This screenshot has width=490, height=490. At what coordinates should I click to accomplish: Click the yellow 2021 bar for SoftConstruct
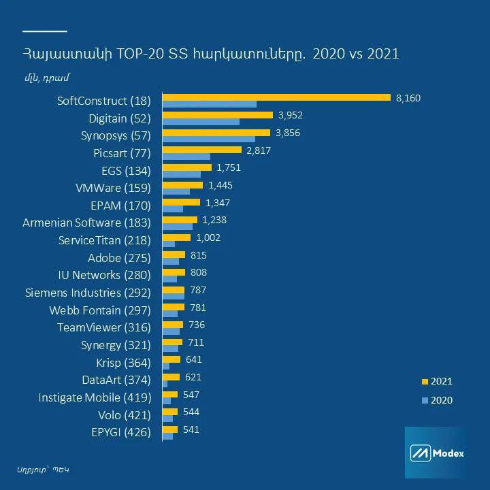(276, 97)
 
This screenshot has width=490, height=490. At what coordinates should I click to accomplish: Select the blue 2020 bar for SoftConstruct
(210, 104)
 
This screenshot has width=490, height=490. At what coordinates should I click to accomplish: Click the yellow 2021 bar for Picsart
(202, 150)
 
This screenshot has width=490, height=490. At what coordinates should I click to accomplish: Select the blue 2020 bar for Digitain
(201, 122)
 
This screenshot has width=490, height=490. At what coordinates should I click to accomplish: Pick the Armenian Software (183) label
(86, 223)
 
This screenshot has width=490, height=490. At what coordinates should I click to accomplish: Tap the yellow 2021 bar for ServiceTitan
(177, 238)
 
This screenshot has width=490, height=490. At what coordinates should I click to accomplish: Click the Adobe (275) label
(119, 258)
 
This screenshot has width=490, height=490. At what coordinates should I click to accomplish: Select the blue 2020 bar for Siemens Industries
(174, 297)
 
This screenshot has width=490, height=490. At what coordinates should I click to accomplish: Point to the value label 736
(196, 325)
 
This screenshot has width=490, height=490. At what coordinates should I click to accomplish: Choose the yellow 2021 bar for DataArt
(171, 376)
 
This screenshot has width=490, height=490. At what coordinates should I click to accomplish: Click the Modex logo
(436, 453)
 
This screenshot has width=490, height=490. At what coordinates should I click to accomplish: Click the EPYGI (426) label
(120, 432)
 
